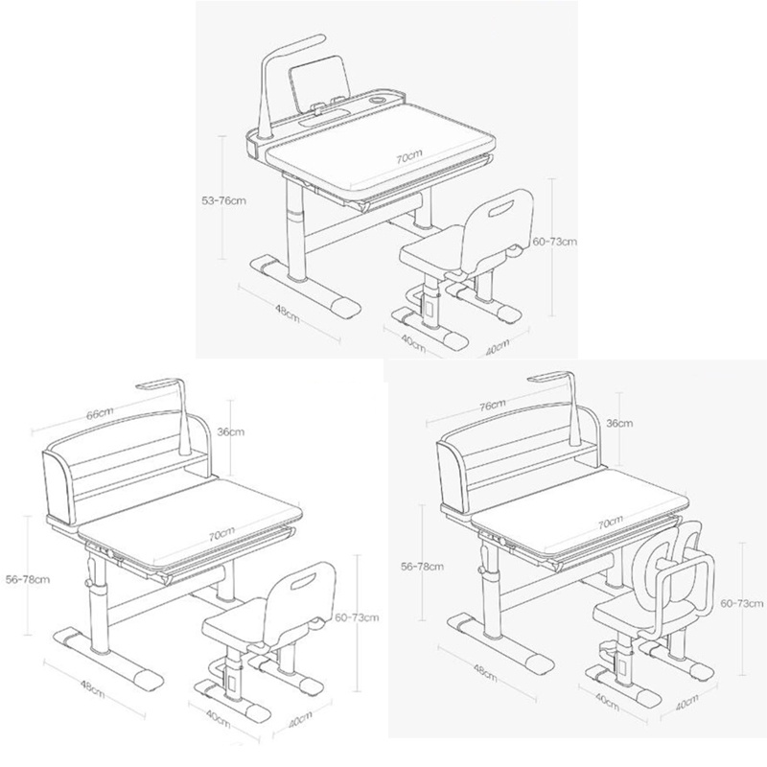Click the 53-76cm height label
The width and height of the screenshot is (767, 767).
[224, 200]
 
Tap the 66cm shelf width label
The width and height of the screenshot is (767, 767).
[100, 414]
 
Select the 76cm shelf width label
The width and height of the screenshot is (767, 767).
[492, 406]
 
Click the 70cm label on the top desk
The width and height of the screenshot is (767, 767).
[408, 156]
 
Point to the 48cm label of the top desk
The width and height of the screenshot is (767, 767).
[288, 314]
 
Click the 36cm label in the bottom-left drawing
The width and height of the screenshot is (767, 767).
[231, 432]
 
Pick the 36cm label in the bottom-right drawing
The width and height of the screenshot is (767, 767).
[619, 423]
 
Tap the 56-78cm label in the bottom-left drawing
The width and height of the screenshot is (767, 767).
[28, 580]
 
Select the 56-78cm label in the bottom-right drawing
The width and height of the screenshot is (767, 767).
[422, 567]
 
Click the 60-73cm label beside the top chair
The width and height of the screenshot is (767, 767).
[555, 242]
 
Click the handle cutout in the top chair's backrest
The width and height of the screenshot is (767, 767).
[500, 209]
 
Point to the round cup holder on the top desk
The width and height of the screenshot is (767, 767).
[378, 100]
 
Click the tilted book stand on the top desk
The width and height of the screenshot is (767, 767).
[319, 81]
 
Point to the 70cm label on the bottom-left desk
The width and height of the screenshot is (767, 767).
[222, 535]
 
